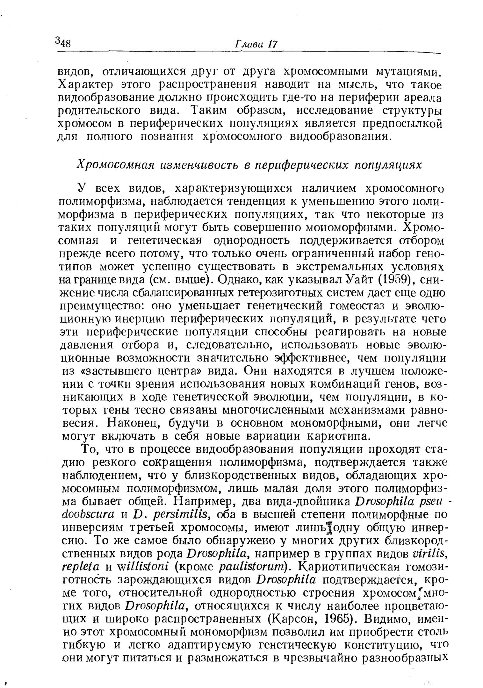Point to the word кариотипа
338,436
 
